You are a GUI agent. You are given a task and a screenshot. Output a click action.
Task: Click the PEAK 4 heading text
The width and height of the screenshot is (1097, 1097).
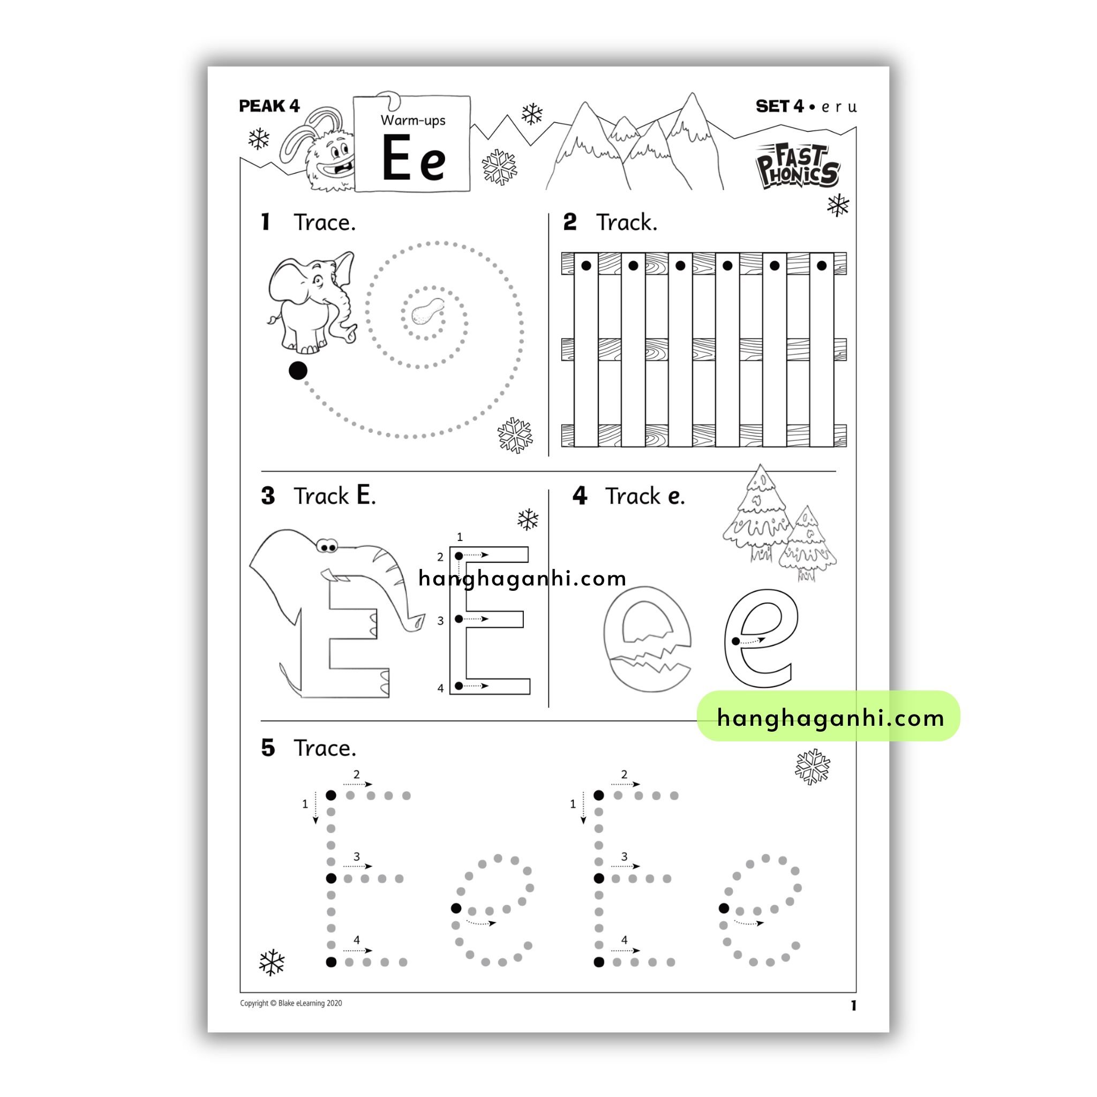pyautogui.click(x=269, y=106)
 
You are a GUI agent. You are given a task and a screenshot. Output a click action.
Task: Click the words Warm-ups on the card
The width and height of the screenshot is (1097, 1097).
pyautogui.click(x=413, y=121)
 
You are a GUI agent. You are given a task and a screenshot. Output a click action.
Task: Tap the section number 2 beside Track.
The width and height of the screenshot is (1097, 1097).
pyautogui.click(x=569, y=222)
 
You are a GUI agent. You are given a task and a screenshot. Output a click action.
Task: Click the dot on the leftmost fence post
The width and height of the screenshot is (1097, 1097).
pyautogui.click(x=587, y=266)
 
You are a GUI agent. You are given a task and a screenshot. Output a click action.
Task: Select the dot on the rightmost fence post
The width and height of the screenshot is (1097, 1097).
pyautogui.click(x=822, y=266)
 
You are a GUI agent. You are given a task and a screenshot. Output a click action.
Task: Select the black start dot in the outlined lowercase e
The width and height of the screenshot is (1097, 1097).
pyautogui.click(x=736, y=642)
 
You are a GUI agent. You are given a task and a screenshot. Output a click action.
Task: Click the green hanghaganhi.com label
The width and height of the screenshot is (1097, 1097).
pyautogui.click(x=829, y=717)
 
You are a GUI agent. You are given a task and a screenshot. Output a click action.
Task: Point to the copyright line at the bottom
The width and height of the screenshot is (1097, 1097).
pyautogui.click(x=291, y=1003)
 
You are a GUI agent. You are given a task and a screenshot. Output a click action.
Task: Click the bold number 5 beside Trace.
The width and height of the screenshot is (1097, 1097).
pyautogui.click(x=268, y=748)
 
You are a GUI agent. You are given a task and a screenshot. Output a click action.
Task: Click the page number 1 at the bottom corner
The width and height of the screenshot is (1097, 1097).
pyautogui.click(x=853, y=1005)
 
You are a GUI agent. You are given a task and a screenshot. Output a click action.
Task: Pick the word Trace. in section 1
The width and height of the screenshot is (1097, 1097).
pyautogui.click(x=324, y=223)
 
